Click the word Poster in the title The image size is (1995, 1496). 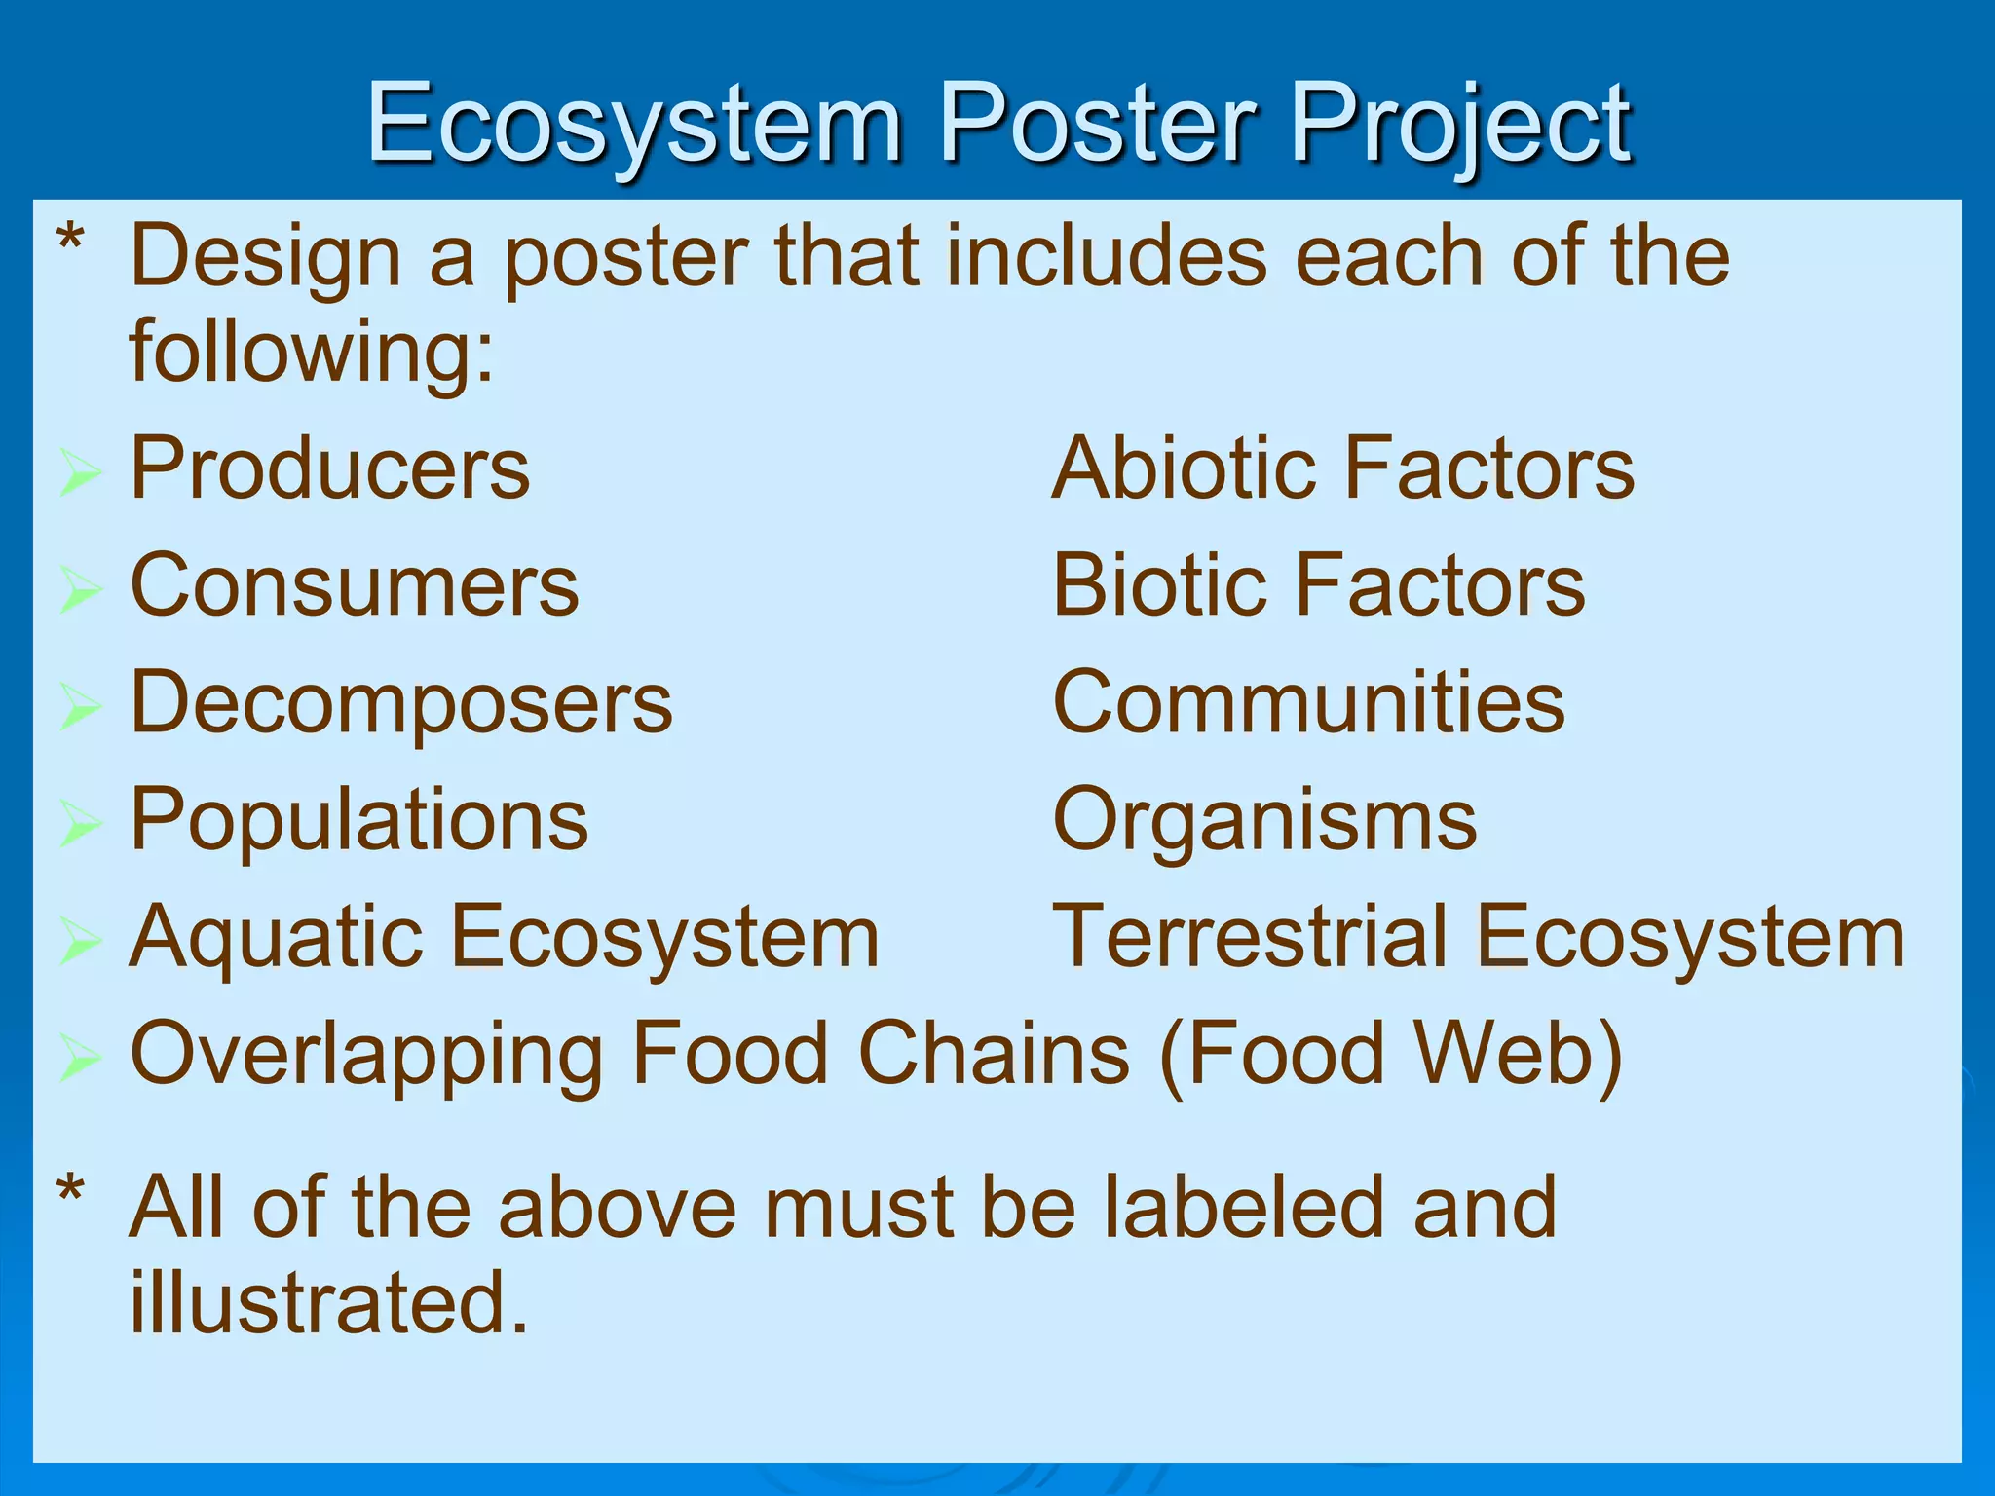pos(1098,124)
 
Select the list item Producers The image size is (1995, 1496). pos(329,468)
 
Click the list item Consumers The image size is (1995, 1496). pos(355,586)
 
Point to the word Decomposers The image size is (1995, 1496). pos(400,703)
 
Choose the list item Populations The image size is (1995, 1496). pos(358,820)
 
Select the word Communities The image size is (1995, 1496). pos(1308,703)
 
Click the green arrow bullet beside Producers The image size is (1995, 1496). pos(80,472)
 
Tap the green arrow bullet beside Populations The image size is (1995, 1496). pos(80,824)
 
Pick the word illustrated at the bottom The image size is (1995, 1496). pos(328,1302)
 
